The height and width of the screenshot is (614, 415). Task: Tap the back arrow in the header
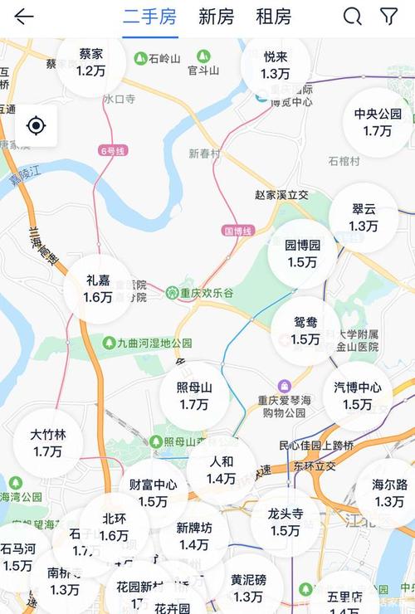24,17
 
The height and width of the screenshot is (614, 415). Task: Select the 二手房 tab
150,17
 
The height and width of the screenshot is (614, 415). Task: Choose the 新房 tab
216,17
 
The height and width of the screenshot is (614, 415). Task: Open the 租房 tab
273,17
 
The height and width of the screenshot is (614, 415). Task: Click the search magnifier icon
353,17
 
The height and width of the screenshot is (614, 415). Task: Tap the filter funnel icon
388,17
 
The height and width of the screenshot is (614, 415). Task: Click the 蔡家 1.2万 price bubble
91,61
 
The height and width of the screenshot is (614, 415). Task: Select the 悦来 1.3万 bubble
276,65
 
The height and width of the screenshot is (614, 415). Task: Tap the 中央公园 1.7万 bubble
378,122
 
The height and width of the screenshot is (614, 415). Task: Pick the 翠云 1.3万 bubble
364,217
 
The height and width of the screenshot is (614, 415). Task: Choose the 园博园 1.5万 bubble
302,254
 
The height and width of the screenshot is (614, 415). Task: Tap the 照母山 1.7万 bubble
194,396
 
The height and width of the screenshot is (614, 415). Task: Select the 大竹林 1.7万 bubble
48,443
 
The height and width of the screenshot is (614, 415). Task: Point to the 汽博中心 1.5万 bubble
358,396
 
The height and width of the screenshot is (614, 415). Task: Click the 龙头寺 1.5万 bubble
286,522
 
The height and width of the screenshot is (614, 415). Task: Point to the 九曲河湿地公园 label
147,343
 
